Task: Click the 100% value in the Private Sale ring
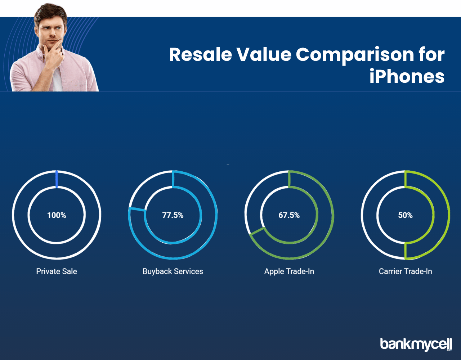click(57, 215)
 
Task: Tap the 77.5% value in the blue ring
click(173, 215)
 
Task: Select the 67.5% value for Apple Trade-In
click(289, 215)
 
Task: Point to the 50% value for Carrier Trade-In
click(405, 215)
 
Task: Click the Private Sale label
click(57, 271)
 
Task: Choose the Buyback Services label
click(173, 271)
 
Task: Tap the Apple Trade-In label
click(289, 271)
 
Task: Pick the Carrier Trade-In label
click(405, 271)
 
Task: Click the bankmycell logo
click(416, 345)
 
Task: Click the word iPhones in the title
click(407, 76)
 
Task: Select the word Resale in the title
click(201, 54)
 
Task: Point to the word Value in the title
click(264, 54)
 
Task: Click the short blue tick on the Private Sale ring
click(57, 179)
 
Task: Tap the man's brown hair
click(50, 13)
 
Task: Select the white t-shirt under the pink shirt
click(57, 80)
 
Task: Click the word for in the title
click(431, 54)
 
